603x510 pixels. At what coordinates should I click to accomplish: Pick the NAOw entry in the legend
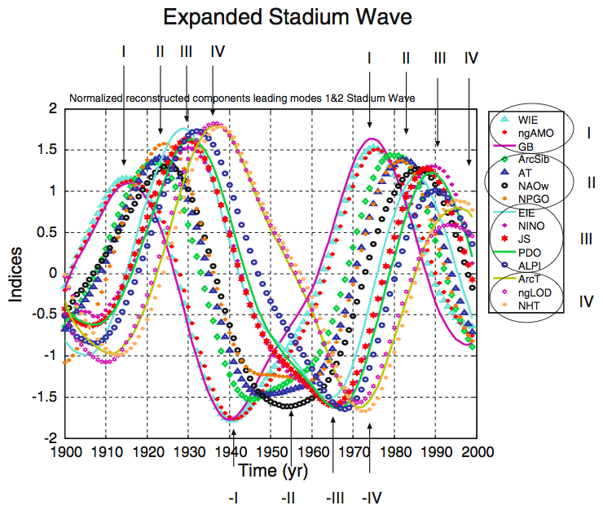[534, 186]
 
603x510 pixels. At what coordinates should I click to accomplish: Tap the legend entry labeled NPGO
[534, 199]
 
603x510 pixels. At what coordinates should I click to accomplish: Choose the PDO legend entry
[530, 253]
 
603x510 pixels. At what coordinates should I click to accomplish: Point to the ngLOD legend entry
[535, 292]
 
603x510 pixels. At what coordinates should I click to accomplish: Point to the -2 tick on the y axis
[51, 438]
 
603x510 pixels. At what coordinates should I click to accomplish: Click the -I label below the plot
[235, 496]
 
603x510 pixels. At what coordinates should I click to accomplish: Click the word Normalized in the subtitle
[96, 98]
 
